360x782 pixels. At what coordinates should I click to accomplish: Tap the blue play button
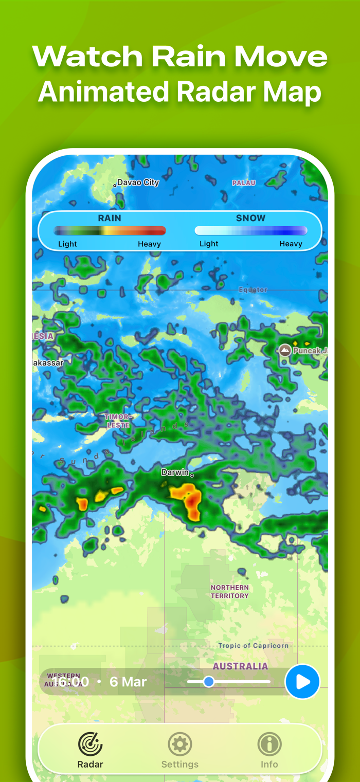(302, 682)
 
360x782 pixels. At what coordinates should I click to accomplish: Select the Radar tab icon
(90, 744)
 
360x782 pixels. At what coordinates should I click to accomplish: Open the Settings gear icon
(180, 744)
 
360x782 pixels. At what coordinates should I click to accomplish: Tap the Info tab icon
(269, 744)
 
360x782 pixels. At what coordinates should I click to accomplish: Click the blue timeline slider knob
(208, 682)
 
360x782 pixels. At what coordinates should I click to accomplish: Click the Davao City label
(138, 183)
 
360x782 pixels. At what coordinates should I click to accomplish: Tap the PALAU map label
(244, 183)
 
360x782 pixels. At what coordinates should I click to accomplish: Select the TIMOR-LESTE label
(118, 421)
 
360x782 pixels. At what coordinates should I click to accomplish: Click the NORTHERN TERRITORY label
(229, 591)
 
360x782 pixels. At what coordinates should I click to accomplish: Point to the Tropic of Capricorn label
(253, 646)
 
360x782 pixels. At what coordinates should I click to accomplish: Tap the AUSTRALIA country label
(240, 666)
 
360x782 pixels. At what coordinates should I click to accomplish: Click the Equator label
(253, 290)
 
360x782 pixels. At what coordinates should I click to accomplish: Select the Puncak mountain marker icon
(284, 351)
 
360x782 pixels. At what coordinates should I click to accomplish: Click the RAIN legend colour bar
(110, 231)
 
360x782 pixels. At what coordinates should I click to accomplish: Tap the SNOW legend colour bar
(250, 231)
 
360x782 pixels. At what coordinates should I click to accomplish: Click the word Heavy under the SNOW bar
(291, 244)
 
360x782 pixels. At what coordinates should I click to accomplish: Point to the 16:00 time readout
(70, 682)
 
